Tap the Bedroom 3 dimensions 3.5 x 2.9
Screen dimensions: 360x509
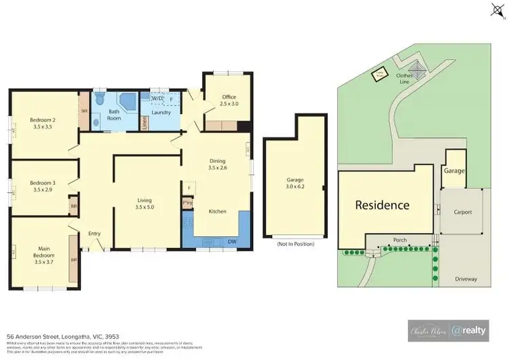click(42, 190)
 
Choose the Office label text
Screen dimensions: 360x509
click(229, 97)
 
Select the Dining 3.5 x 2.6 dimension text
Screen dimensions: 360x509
click(217, 167)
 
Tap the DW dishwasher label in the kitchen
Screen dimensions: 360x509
click(233, 241)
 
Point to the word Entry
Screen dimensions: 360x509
click(94, 234)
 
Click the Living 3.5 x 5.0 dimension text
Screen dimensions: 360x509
click(145, 207)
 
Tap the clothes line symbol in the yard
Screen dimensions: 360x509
click(417, 71)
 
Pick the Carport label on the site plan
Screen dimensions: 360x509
click(462, 212)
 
